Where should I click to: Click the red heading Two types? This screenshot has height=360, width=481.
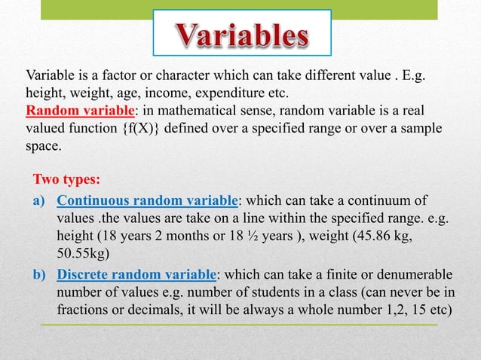tap(67, 182)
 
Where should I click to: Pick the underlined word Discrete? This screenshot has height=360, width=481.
tap(84, 273)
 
